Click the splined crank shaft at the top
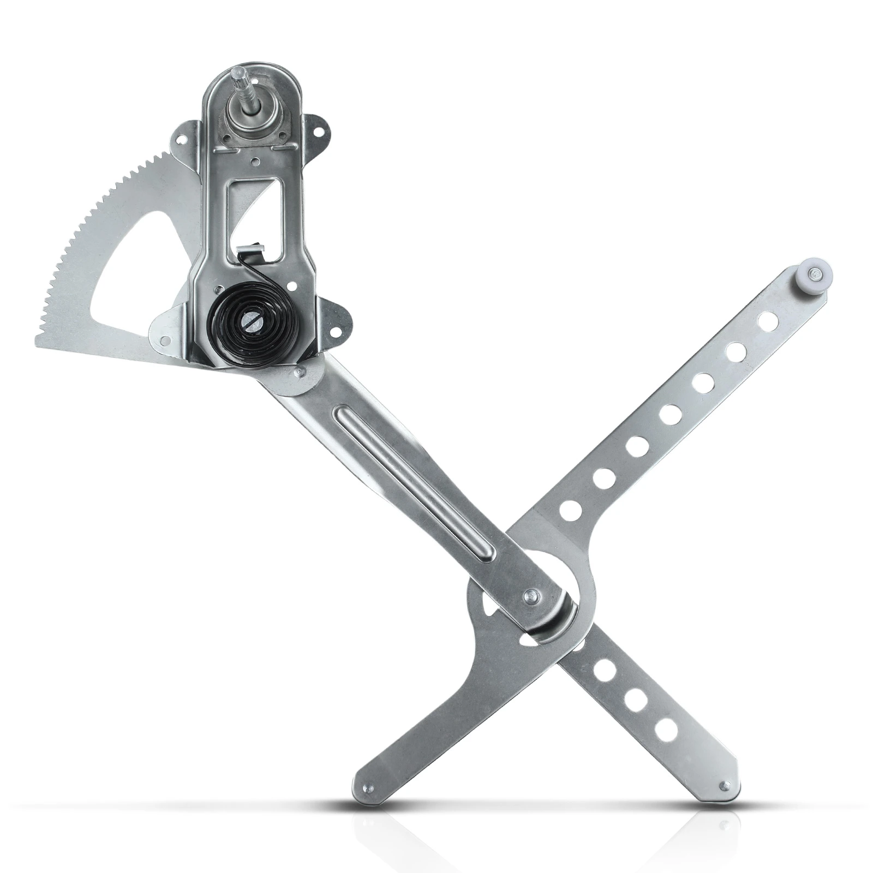click(240, 81)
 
